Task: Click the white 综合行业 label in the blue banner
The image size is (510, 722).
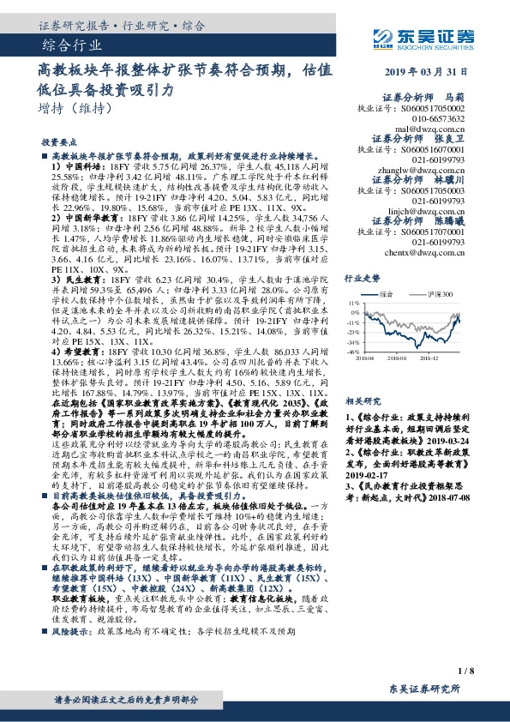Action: [x=71, y=45]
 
